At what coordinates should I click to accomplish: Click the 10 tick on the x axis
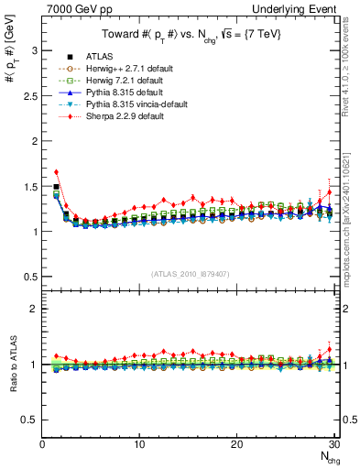pyautogui.click(x=139, y=444)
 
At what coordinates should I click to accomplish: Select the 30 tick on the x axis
pyautogui.click(x=334, y=444)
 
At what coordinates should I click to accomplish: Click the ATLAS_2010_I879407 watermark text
pyautogui.click(x=190, y=272)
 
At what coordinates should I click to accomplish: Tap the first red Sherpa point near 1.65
pyautogui.click(x=57, y=171)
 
